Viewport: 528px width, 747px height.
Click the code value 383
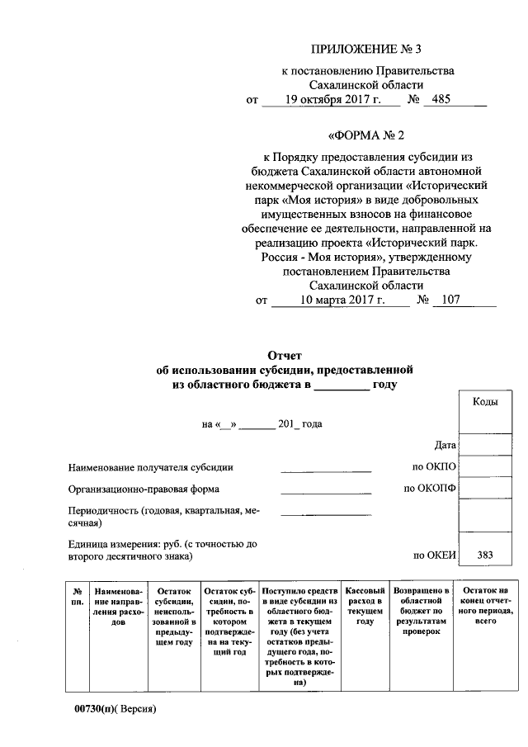click(483, 555)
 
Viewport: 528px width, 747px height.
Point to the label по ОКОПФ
click(430, 489)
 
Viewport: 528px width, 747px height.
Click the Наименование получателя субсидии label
click(151, 467)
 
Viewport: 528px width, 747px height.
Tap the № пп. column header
click(78, 597)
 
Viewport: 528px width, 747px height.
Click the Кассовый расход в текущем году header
click(365, 606)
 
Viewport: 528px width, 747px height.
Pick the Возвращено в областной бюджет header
click(421, 611)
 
